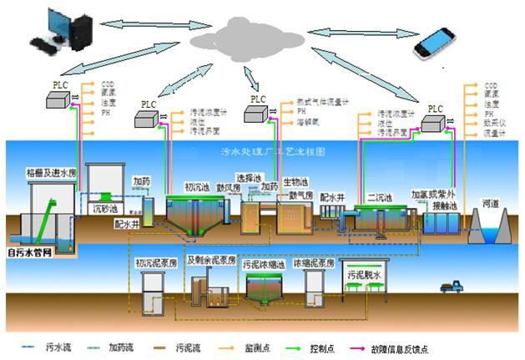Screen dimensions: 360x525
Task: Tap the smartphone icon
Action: click(x=438, y=39)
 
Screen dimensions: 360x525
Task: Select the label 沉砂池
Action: click(x=104, y=205)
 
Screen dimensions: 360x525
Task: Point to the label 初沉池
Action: click(x=197, y=186)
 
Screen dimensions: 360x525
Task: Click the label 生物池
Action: click(x=295, y=182)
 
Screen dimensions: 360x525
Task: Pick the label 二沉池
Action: click(x=380, y=198)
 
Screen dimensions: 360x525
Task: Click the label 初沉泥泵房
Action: click(x=156, y=263)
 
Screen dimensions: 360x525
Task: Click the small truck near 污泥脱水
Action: click(x=452, y=288)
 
